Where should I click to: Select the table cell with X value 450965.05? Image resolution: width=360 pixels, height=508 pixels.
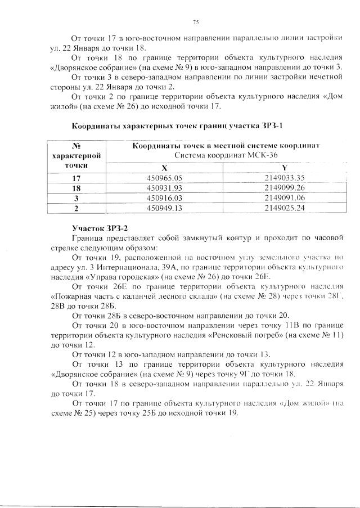click(164, 178)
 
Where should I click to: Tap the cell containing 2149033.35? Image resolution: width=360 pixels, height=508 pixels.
click(284, 178)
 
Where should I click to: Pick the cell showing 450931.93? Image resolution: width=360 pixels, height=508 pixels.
click(164, 188)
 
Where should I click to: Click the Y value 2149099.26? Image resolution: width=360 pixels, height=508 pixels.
click(284, 188)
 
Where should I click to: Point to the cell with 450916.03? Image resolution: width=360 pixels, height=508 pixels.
click(164, 198)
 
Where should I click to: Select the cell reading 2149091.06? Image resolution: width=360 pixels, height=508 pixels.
click(284, 198)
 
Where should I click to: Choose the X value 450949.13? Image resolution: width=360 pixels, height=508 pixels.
click(164, 208)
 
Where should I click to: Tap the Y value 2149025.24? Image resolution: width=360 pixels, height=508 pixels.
click(284, 208)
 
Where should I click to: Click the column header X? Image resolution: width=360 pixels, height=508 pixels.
click(164, 168)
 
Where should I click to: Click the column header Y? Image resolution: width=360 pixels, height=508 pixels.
click(284, 168)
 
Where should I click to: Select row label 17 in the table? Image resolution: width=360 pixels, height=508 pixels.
click(76, 178)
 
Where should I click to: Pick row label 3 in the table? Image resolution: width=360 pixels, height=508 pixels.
click(76, 199)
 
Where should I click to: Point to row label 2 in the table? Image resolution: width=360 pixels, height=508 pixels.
click(76, 209)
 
